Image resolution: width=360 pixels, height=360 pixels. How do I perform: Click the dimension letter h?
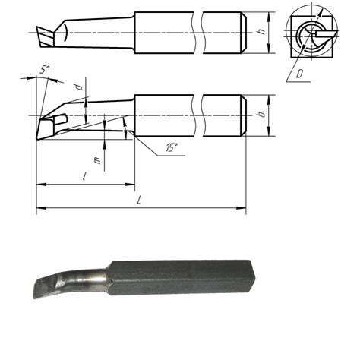pos(261,33)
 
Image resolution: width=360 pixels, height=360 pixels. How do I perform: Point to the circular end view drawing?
pos(311,34)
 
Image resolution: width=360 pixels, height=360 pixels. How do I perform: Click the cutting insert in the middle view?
pos(52,122)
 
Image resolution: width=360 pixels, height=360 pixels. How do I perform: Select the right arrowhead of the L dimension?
pos(243,207)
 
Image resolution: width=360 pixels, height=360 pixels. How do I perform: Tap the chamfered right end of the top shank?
pos(243,33)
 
